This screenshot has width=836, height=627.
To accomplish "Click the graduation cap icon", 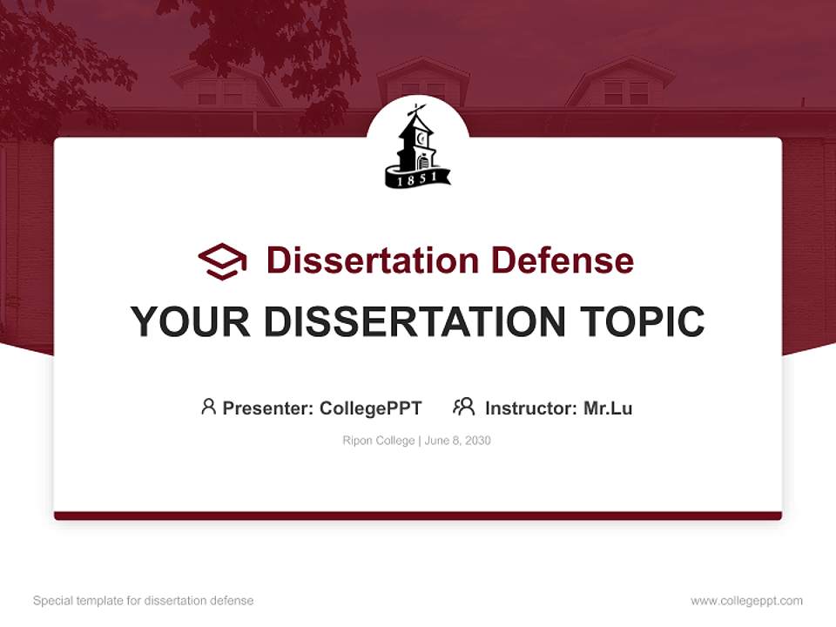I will pyautogui.click(x=222, y=261).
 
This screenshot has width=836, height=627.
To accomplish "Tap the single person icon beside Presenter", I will pyautogui.click(x=208, y=407).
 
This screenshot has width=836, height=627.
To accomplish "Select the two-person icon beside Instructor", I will pyautogui.click(x=463, y=407).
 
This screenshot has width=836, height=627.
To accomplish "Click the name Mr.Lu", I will pyautogui.click(x=608, y=408).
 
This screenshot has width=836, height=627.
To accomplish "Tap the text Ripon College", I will pyautogui.click(x=379, y=441).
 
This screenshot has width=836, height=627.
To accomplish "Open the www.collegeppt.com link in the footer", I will pyautogui.click(x=746, y=601).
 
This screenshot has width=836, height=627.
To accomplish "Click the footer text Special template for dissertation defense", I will pyautogui.click(x=144, y=601).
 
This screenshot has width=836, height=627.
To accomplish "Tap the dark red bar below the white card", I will pyautogui.click(x=418, y=516).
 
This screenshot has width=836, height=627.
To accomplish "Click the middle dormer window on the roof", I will pyautogui.click(x=423, y=87).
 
